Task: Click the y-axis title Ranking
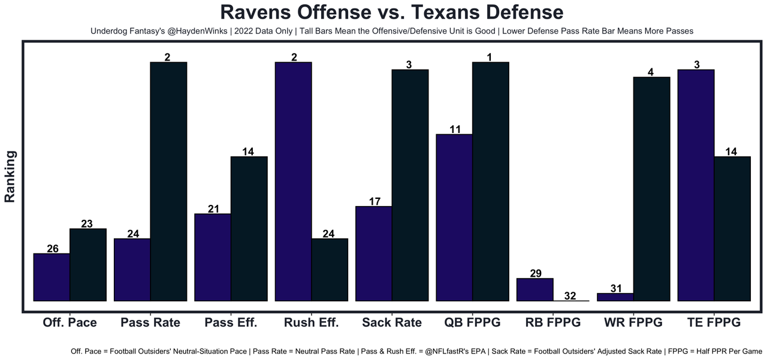[x=10, y=176]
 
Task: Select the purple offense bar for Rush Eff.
[x=293, y=181]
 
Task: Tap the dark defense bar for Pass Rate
[x=168, y=181]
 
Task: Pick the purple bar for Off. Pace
[x=52, y=277]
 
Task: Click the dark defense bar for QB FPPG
[x=491, y=181]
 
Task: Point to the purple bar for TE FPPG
[x=696, y=185]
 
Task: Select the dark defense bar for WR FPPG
[x=651, y=189]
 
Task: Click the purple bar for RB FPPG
[x=535, y=289]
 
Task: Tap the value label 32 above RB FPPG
[x=570, y=295]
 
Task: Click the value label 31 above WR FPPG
[x=615, y=288]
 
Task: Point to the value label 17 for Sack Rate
[x=374, y=201]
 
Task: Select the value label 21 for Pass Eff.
[x=213, y=208]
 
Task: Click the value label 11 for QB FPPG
[x=455, y=129]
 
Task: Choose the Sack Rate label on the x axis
[x=392, y=322]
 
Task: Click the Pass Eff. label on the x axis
[x=231, y=322]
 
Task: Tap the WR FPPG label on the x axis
[x=633, y=322]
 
